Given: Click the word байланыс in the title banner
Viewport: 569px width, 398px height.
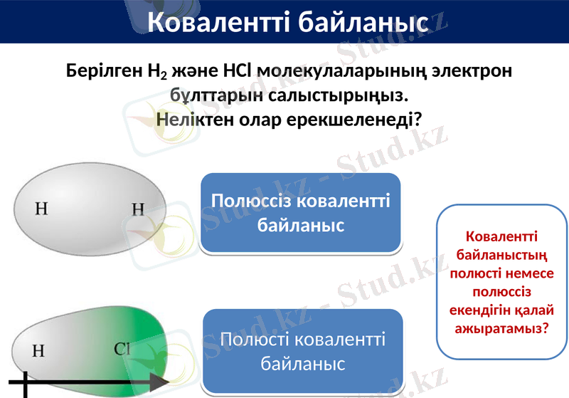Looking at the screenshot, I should (361, 22).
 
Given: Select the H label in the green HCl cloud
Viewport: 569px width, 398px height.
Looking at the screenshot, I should (38, 350).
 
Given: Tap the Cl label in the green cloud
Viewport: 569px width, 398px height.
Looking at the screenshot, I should (122, 349).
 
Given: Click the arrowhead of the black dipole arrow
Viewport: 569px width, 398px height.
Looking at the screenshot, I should (161, 384).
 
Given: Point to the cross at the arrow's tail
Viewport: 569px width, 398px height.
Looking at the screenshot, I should (26, 384).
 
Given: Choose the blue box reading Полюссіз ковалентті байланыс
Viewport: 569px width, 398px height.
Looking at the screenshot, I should (301, 214).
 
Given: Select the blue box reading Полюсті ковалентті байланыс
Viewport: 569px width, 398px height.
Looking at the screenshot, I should (303, 350).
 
